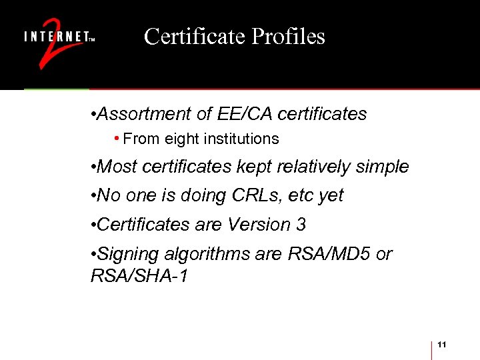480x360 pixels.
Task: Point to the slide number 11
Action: [442, 344]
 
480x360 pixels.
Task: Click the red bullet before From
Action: [117, 139]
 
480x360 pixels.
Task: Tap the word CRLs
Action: [254, 195]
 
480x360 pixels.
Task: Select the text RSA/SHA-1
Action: [139, 275]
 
